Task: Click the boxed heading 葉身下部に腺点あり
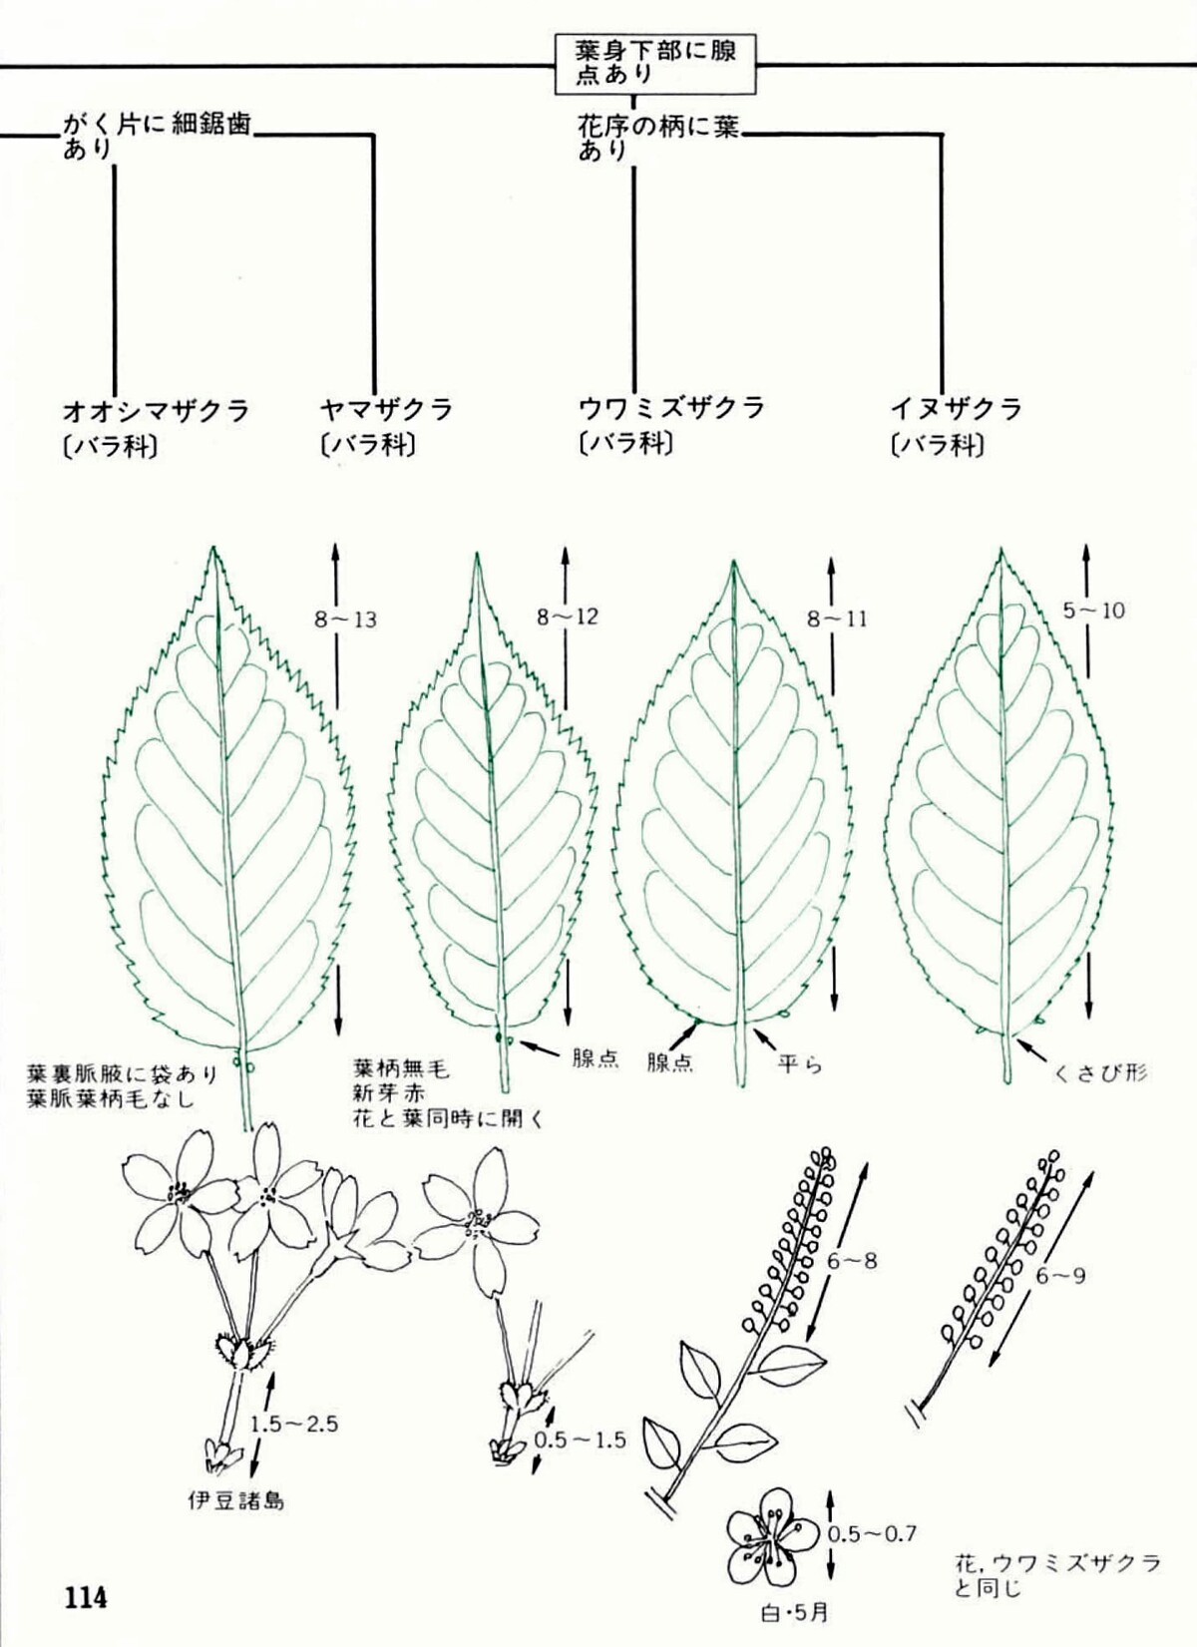point(655,62)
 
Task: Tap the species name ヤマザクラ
point(386,409)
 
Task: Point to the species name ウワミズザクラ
point(670,408)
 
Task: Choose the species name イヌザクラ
point(956,409)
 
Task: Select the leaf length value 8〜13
point(345,619)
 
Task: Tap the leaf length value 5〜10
point(1093,610)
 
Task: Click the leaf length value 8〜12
point(568,617)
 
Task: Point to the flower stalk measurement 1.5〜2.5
point(294,1424)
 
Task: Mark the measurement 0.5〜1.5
point(580,1440)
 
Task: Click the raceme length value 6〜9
point(1059,1275)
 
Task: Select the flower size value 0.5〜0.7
point(871,1533)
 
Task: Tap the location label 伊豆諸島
point(235,1499)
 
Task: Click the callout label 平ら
point(800,1062)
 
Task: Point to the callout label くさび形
point(1099,1073)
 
